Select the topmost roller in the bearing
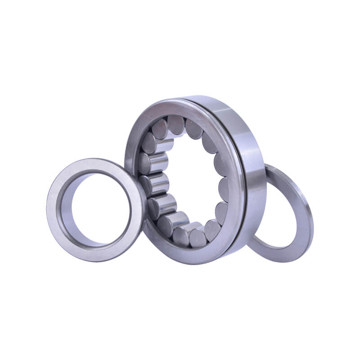coord(175,124)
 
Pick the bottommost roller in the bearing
coord(198,236)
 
